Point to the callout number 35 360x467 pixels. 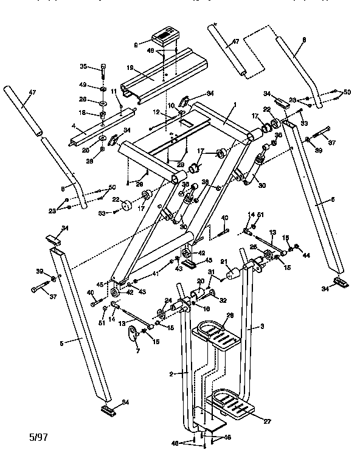click(84, 66)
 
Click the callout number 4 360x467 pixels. click(73, 126)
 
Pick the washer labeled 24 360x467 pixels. click(162, 313)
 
